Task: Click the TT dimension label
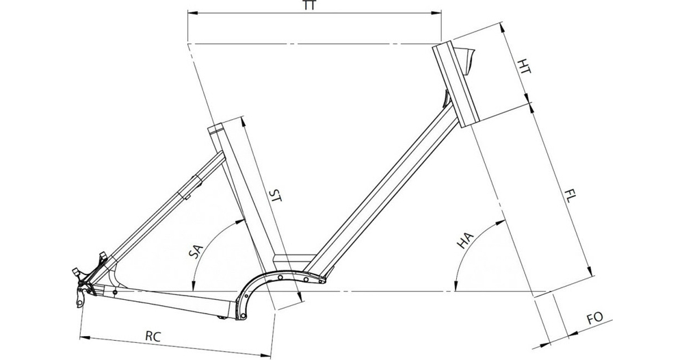309,5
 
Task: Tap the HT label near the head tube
525,66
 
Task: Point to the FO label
594,318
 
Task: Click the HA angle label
465,240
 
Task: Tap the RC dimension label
153,336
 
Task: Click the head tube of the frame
456,84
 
